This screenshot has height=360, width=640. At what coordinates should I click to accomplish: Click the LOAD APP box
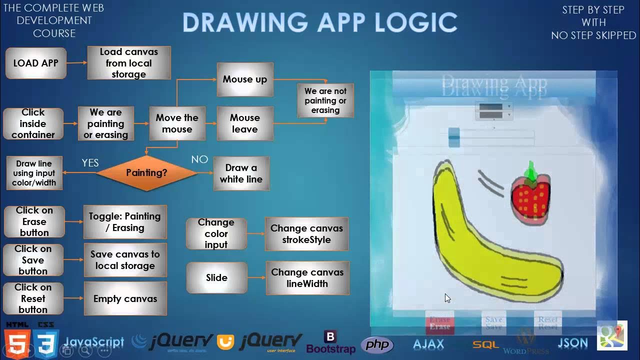pyautogui.click(x=35, y=63)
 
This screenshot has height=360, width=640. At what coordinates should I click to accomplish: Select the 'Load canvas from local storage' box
pyautogui.click(x=129, y=63)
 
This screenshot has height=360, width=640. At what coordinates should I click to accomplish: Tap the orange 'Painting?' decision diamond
pyautogui.click(x=146, y=173)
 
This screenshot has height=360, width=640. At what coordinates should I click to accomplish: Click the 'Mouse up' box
pyautogui.click(x=245, y=79)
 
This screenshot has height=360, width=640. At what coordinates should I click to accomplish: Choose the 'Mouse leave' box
pyautogui.click(x=245, y=123)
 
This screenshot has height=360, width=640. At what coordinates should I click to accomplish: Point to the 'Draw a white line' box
pyautogui.click(x=241, y=173)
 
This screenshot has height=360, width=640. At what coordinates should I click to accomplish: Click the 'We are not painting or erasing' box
pyautogui.click(x=325, y=100)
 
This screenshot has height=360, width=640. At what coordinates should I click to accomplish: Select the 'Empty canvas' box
pyautogui.click(x=125, y=298)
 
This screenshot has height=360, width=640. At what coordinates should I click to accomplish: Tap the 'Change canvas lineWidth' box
pyautogui.click(x=307, y=278)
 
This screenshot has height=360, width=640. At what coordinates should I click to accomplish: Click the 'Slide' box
pyautogui.click(x=216, y=278)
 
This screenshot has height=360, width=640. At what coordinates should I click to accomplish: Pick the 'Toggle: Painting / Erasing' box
pyautogui.click(x=125, y=222)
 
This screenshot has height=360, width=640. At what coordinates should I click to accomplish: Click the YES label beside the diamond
pyautogui.click(x=90, y=163)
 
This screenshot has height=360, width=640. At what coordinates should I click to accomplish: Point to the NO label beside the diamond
pyautogui.click(x=199, y=159)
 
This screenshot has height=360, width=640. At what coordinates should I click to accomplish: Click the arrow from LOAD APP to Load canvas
pyautogui.click(x=76, y=63)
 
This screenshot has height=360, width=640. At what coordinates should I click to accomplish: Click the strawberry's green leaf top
pyautogui.click(x=531, y=171)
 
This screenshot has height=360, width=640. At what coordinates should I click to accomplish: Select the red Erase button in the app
pyautogui.click(x=440, y=322)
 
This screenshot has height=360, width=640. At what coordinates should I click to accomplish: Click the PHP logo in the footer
pyautogui.click(x=377, y=344)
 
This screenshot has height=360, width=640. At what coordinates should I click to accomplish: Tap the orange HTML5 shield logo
pyautogui.click(x=16, y=342)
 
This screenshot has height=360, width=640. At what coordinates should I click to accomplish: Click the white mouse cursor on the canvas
pyautogui.click(x=447, y=298)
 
